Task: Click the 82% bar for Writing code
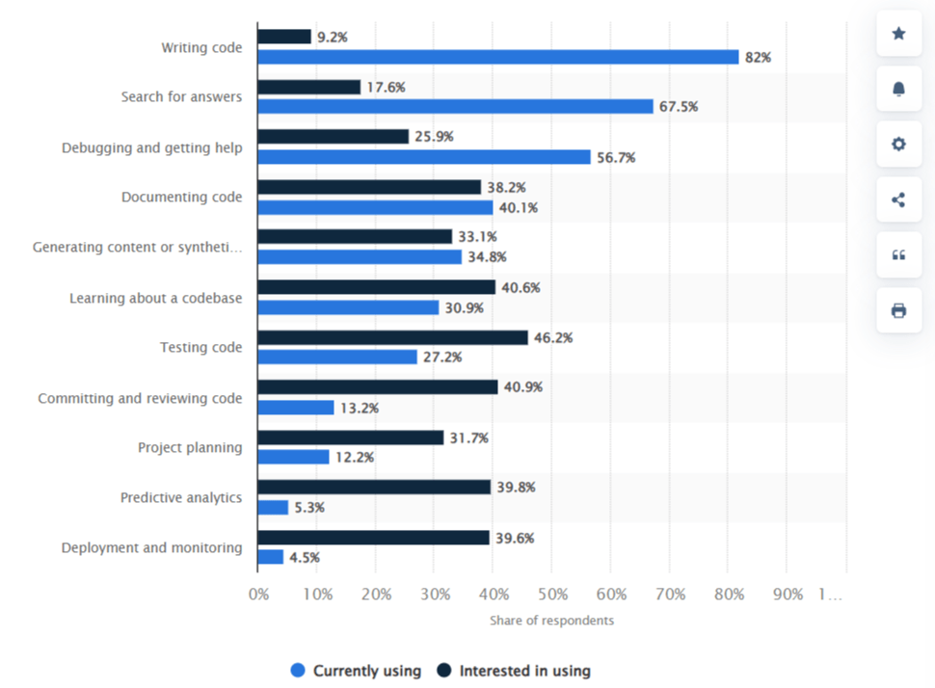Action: point(497,57)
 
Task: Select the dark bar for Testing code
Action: point(392,337)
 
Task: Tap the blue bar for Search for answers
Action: point(455,106)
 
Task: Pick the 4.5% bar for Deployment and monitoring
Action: point(271,557)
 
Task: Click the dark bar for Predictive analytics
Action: point(374,487)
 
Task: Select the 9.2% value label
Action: point(332,37)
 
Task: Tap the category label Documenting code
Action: point(181,198)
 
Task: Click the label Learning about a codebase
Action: point(155,298)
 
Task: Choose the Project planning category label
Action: point(190,447)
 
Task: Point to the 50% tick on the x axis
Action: point(552,595)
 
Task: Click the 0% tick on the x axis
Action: point(258,595)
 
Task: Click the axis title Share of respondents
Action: point(551,621)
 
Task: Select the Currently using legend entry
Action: point(356,671)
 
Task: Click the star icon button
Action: point(898,34)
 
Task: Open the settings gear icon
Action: point(898,145)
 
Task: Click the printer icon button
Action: point(898,310)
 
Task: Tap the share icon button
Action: point(898,199)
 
